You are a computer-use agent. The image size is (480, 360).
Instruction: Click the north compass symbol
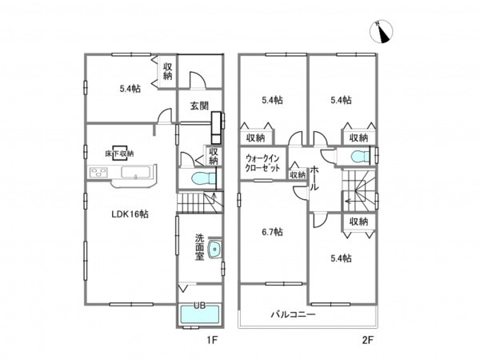tap(381, 31)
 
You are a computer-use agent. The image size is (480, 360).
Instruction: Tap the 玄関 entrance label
tap(199, 106)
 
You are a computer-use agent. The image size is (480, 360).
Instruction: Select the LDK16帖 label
tap(130, 214)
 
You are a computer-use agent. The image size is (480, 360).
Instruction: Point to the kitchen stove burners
tap(98, 172)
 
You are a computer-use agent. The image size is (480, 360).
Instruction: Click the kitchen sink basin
tap(136, 172)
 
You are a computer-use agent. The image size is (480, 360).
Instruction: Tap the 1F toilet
tap(203, 178)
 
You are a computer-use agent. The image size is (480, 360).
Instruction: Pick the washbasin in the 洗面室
tap(215, 249)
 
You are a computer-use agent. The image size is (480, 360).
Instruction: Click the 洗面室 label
tap(199, 246)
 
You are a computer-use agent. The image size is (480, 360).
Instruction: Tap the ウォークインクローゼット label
tap(262, 163)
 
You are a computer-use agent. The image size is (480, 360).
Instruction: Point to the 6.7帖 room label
tap(272, 232)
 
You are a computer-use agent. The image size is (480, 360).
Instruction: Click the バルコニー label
tap(294, 314)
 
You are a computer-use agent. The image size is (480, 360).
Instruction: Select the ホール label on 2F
tap(314, 178)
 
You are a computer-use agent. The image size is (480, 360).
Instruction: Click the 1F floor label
tap(212, 340)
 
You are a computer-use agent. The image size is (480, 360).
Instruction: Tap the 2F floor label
tap(368, 340)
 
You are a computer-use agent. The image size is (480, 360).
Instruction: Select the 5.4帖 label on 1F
tap(130, 89)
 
